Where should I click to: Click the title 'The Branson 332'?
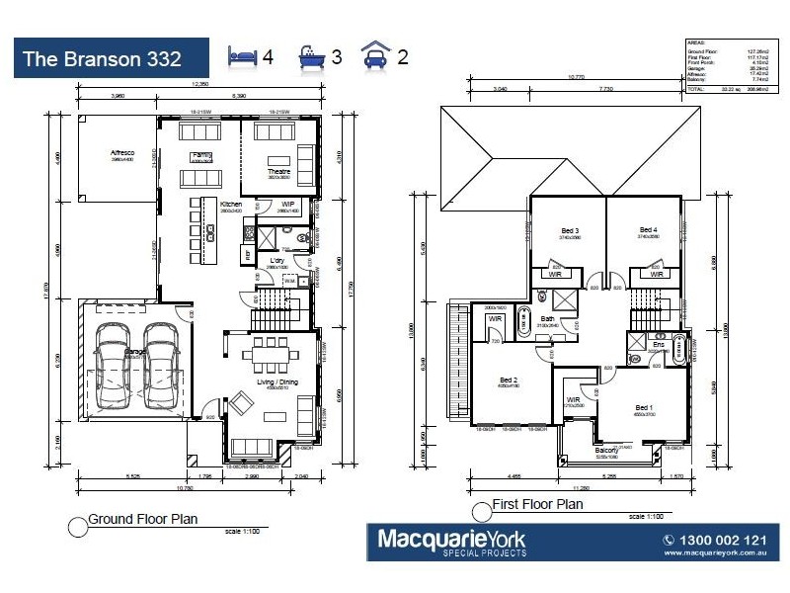(102, 58)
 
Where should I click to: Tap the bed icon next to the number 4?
(242, 55)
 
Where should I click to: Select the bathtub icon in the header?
(312, 56)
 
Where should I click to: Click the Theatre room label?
(279, 172)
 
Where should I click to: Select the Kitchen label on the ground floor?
(231, 205)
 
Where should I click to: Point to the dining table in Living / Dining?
(272, 353)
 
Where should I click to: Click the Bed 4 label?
(648, 229)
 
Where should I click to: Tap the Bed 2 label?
(510, 380)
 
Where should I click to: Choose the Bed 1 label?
(644, 407)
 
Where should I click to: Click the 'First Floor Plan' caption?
(537, 505)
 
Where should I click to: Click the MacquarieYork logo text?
(452, 540)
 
